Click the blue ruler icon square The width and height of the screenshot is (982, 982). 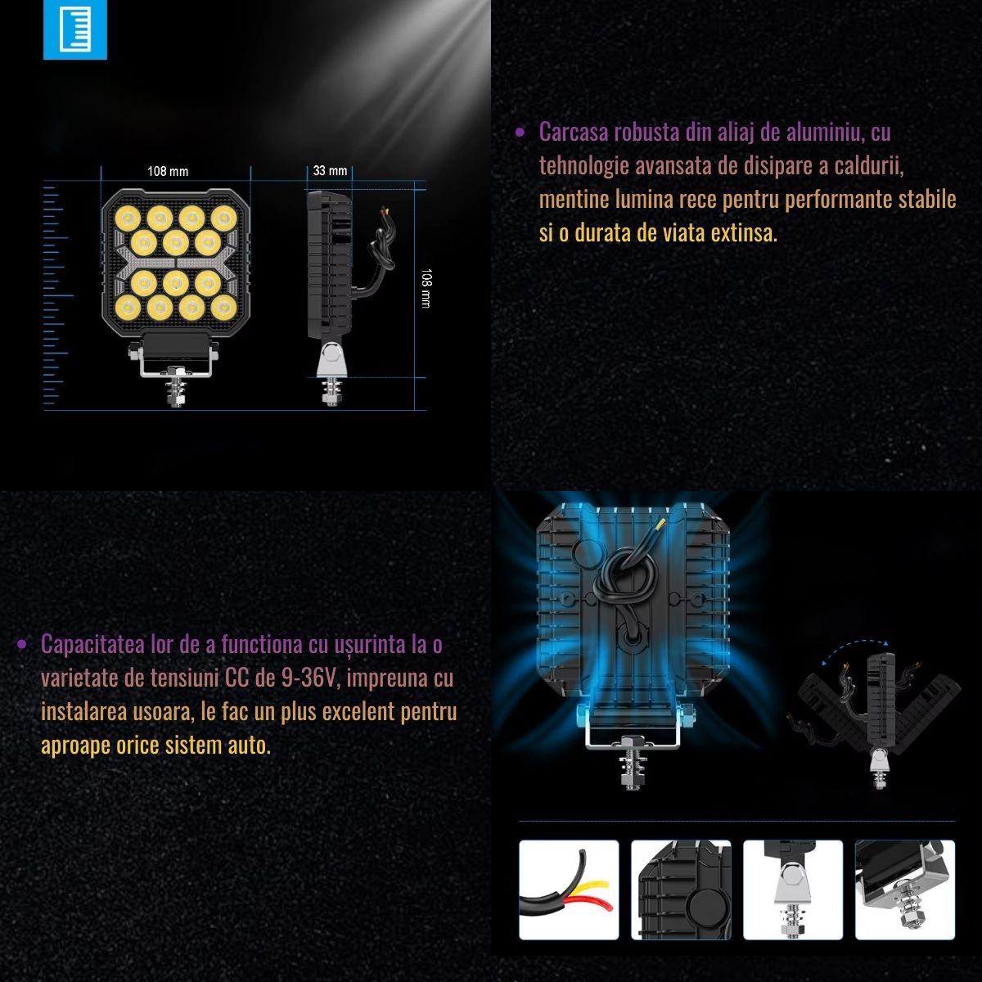click(x=75, y=29)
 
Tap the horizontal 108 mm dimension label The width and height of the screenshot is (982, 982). click(x=168, y=171)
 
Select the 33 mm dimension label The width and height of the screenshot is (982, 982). click(x=330, y=171)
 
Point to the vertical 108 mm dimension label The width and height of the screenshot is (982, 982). click(x=426, y=288)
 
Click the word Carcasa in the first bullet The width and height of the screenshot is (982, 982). click(x=574, y=133)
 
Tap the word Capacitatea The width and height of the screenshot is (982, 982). click(x=92, y=645)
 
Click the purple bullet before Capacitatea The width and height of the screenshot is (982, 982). click(x=21, y=645)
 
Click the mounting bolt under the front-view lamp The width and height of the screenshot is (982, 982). click(x=176, y=390)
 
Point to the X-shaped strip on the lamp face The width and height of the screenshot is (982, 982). click(x=176, y=263)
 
